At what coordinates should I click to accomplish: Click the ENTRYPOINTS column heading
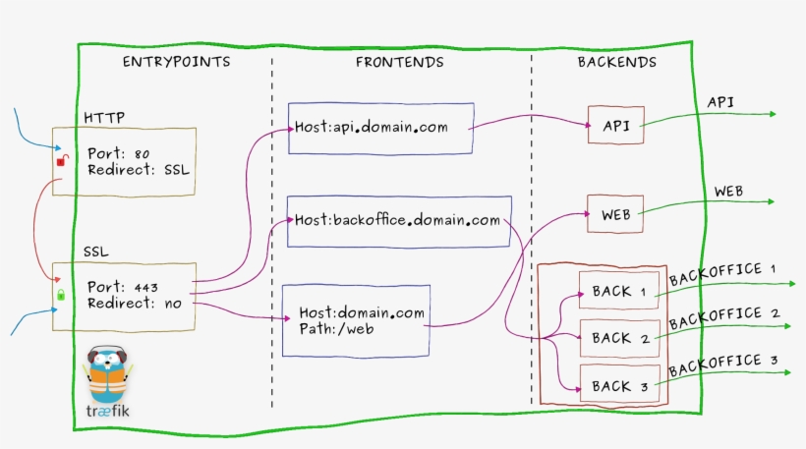[176, 62]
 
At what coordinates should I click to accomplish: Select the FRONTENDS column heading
[399, 62]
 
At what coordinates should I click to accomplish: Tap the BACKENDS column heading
[617, 62]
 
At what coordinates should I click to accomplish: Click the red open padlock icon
[60, 159]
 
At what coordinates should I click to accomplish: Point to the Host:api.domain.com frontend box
[381, 128]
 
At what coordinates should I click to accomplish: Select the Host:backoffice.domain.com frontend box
[397, 220]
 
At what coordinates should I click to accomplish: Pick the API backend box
[616, 126]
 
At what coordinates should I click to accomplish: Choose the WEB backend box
[616, 213]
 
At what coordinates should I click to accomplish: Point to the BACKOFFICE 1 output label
[722, 274]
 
